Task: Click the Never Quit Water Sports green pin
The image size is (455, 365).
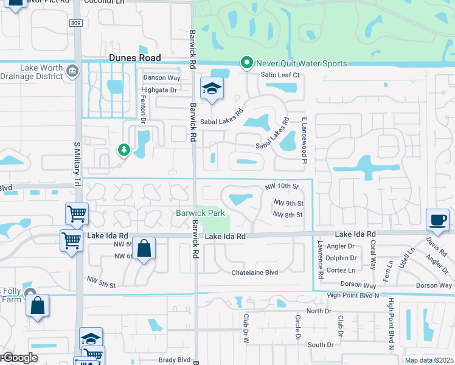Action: point(246,63)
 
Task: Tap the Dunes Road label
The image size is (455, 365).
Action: point(135,58)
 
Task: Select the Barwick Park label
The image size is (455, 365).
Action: point(201,213)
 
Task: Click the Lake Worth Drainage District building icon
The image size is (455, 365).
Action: point(72,71)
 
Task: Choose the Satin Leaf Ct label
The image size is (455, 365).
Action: point(280,75)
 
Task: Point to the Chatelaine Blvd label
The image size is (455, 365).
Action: point(254,273)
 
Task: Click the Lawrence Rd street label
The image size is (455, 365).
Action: point(319,259)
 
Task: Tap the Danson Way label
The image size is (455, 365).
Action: point(161,78)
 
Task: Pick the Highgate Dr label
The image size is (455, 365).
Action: point(158,90)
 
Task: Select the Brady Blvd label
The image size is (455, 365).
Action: point(175,360)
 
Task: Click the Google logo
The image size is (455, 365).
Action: point(19,358)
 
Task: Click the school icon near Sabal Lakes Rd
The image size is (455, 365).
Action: point(212,89)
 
